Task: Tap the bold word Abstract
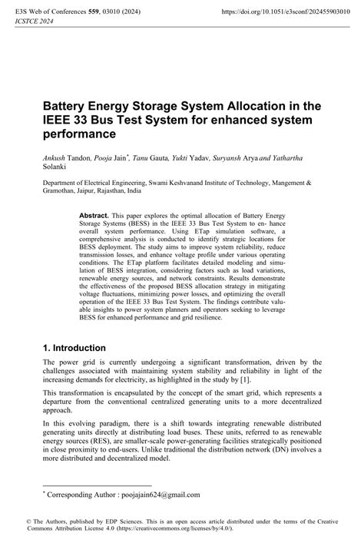tap(94, 217)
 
